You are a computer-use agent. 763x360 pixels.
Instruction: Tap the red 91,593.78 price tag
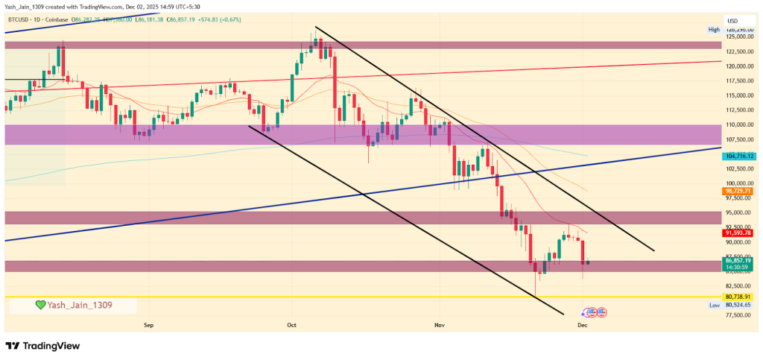point(738,233)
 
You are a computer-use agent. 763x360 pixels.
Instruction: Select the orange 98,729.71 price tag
point(738,191)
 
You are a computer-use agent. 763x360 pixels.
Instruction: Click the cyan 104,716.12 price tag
point(738,156)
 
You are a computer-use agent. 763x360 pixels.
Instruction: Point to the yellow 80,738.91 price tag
point(738,297)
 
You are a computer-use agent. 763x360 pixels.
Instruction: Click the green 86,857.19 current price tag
point(738,261)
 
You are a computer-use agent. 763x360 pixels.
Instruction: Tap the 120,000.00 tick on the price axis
point(738,66)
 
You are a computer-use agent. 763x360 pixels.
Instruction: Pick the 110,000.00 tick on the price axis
point(738,124)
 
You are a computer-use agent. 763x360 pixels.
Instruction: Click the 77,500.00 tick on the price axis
point(738,315)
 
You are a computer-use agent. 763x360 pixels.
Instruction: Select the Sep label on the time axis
point(148,325)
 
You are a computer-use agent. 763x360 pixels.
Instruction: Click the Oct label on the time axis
point(292,325)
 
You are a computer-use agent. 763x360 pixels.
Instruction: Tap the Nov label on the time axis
point(440,325)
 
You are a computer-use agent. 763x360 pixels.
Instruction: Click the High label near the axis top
point(714,30)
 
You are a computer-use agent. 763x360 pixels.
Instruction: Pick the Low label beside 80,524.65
point(714,305)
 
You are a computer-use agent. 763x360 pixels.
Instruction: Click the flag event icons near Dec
point(594,312)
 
